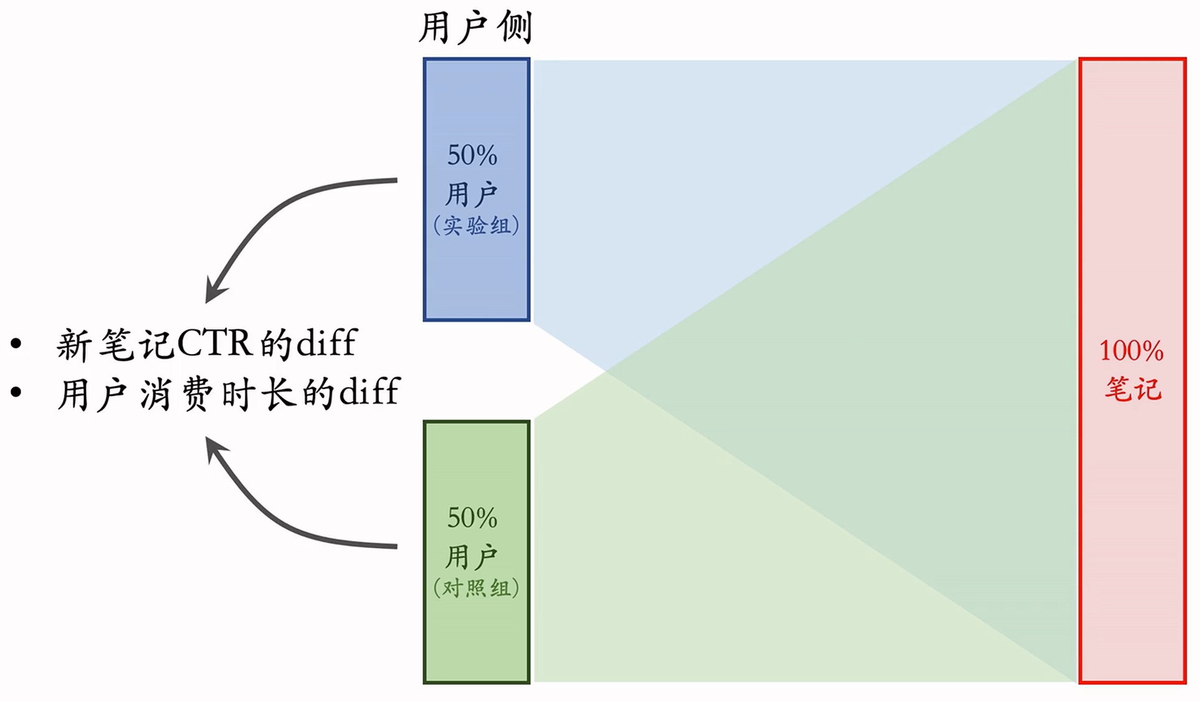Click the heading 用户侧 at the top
476,28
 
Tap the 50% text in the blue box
472,155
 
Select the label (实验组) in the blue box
476,225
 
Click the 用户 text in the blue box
471,194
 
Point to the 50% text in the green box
472,518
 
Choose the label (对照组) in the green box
476,588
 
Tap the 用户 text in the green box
471,556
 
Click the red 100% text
1131,351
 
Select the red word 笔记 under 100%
1133,389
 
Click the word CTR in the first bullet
215,344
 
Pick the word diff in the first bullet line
327,342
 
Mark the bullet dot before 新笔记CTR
16,344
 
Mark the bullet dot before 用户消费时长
16,392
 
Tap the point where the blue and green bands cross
605,371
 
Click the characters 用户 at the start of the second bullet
92,394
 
